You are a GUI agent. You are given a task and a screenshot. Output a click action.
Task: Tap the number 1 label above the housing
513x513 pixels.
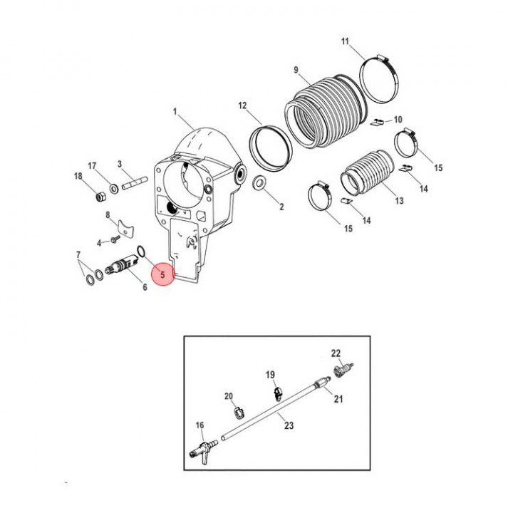175,112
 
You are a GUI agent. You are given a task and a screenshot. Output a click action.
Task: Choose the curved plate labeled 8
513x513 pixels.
125,227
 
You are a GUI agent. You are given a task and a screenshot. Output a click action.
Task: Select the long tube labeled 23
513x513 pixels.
271,410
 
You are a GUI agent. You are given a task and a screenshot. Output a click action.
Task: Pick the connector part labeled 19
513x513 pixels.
277,390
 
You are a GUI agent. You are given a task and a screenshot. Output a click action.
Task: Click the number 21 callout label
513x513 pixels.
338,399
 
